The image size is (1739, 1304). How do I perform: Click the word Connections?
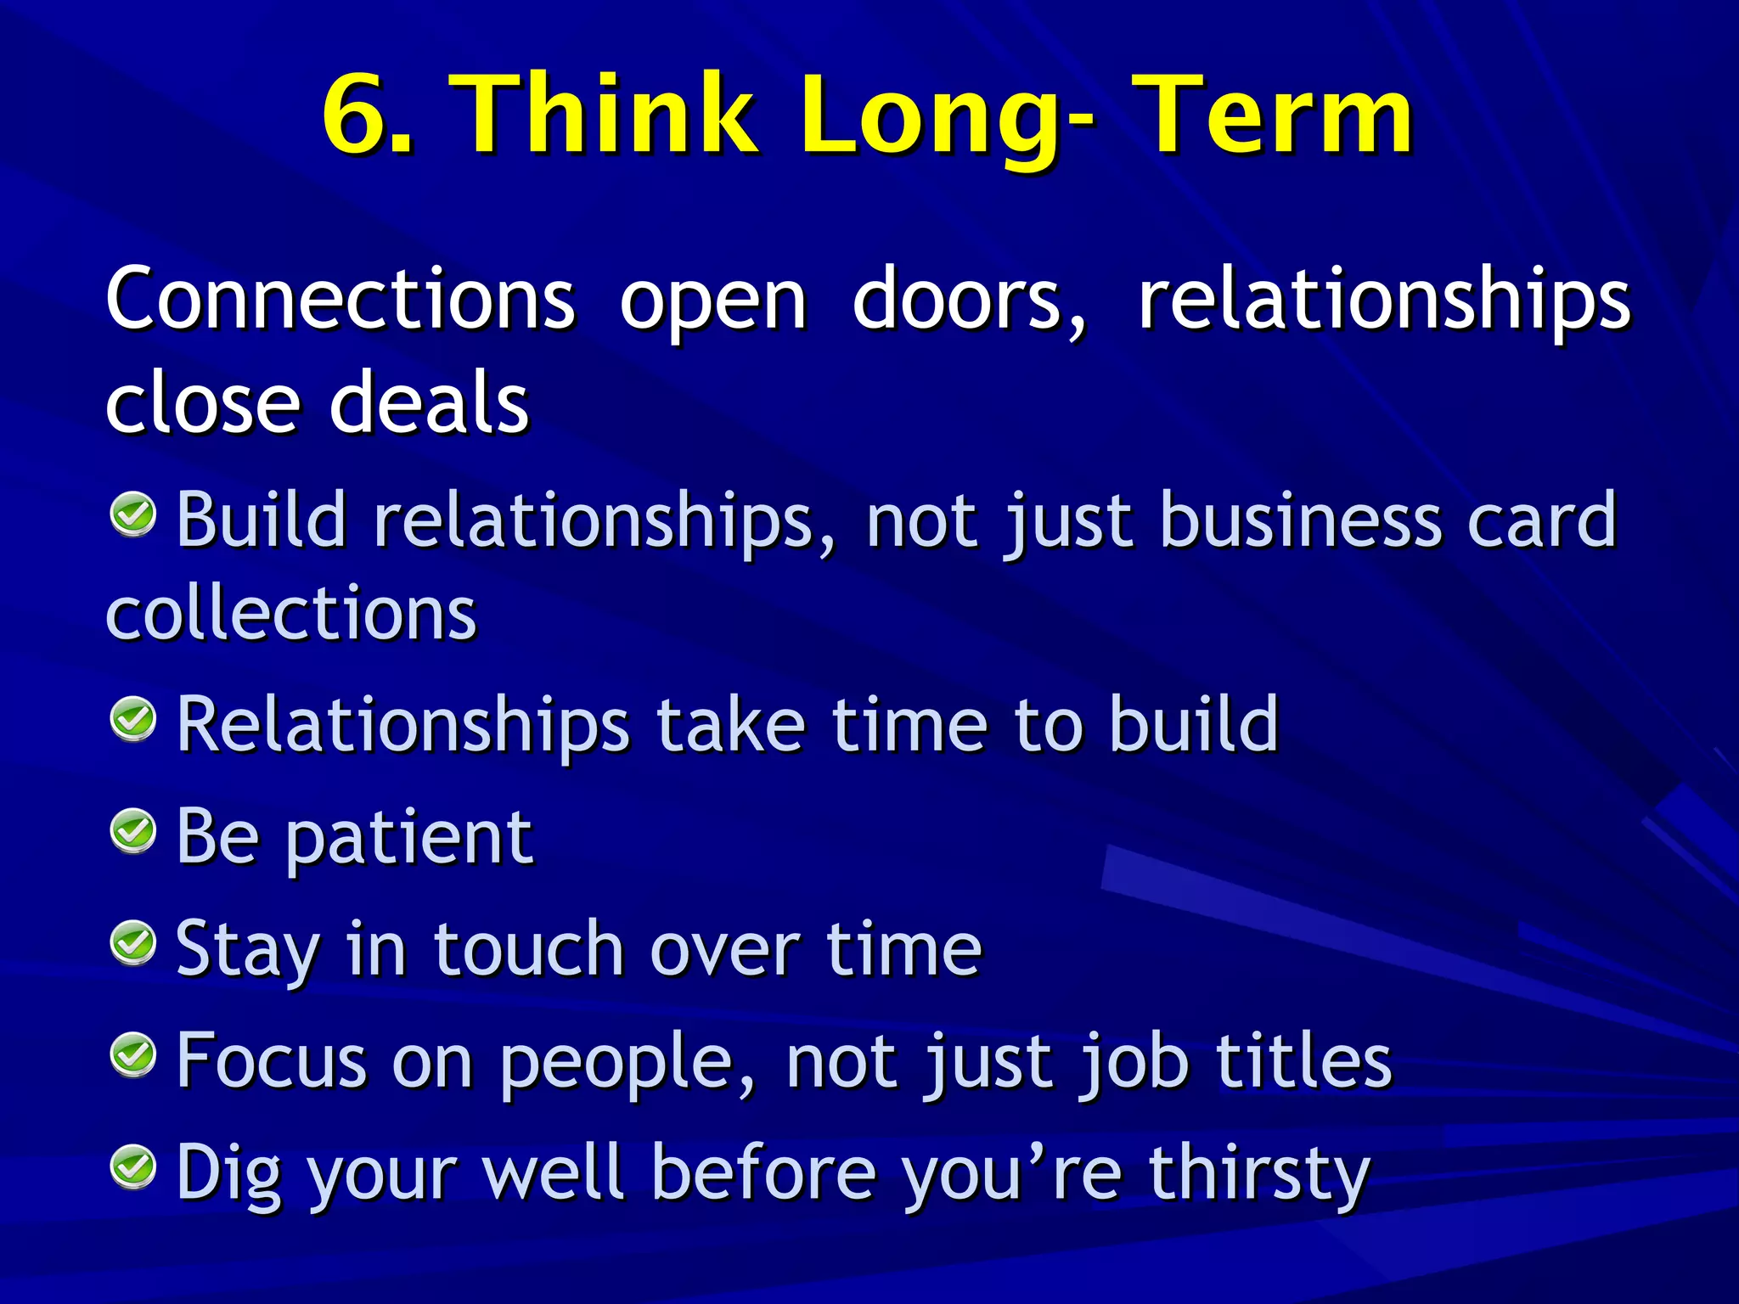coord(340,299)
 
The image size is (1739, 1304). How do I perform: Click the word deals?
coord(429,402)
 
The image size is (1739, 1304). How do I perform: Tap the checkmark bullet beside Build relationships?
coord(134,514)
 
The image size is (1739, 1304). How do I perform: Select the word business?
coord(1300,520)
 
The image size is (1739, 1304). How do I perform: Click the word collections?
coord(291,613)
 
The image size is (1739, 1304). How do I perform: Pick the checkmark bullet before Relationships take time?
coord(134,719)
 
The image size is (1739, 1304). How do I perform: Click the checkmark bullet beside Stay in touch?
coord(134,943)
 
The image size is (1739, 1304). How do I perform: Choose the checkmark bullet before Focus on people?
coord(134,1055)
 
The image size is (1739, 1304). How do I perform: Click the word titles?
coord(1303,1060)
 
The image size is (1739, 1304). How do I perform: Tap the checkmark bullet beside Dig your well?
coord(134,1167)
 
